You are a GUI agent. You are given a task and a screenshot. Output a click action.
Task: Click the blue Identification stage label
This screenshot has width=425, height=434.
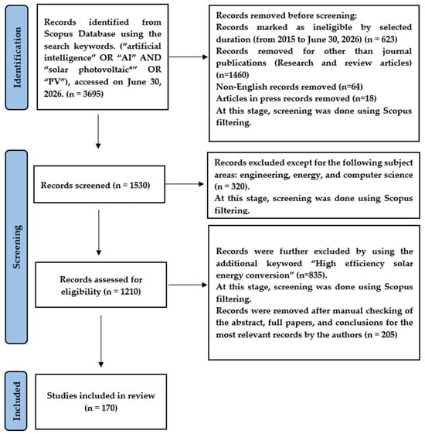[16, 57]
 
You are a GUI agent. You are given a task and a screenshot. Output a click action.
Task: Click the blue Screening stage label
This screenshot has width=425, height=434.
[16, 247]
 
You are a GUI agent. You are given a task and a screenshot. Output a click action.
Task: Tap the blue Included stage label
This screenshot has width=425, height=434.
[16, 401]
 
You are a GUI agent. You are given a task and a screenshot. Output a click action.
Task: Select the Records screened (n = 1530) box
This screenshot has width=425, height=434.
[99, 184]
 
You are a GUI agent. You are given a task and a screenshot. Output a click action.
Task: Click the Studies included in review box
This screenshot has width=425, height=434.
[101, 402]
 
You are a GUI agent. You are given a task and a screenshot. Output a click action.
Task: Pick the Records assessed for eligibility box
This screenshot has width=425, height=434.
[101, 285]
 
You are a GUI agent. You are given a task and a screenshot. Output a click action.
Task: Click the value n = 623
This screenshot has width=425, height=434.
[381, 39]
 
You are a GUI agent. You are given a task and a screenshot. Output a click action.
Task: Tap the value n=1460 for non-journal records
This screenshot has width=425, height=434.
[233, 75]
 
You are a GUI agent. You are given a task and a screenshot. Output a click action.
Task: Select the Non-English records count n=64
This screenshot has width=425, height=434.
[351, 87]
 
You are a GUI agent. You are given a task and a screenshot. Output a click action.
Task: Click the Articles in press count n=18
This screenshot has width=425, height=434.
[365, 98]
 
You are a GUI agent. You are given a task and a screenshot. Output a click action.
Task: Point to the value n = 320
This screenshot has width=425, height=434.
[232, 186]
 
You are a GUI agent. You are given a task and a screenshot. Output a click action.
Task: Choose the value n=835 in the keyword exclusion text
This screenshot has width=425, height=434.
[310, 275]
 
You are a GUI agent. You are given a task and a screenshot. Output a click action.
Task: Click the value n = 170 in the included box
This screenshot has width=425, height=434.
[101, 408]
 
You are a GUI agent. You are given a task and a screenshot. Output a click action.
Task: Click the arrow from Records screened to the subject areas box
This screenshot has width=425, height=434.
[185, 184]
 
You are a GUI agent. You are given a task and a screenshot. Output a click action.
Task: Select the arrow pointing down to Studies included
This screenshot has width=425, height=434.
[101, 341]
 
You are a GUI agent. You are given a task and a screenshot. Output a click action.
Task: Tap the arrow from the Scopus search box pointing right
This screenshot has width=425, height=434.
[188, 57]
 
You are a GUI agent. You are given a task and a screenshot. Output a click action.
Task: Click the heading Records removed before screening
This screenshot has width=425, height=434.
[287, 15]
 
